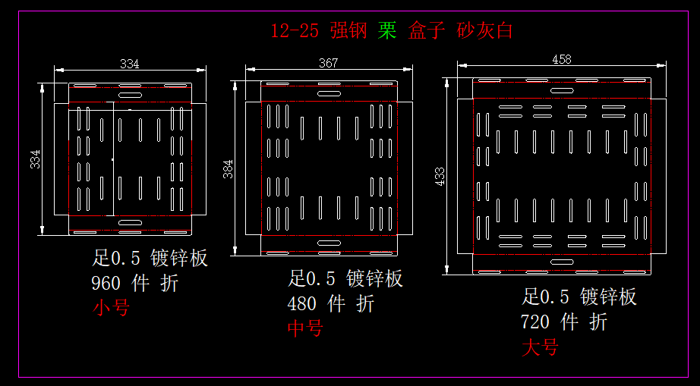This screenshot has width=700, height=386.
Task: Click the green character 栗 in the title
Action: click(387, 31)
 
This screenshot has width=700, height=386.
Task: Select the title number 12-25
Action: click(295, 31)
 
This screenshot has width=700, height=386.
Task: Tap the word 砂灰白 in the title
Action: click(485, 31)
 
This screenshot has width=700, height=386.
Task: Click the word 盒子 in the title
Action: click(426, 31)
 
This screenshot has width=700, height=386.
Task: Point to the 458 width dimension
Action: click(562, 59)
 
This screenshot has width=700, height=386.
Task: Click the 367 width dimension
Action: click(328, 64)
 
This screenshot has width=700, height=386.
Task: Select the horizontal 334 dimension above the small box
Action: click(130, 64)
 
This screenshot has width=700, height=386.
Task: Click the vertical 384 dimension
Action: click(228, 169)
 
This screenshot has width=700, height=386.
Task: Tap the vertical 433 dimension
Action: click(440, 176)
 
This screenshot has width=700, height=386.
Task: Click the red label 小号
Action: click(111, 308)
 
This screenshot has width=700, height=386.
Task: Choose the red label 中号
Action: click(305, 328)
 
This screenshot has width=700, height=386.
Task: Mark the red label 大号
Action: click(540, 347)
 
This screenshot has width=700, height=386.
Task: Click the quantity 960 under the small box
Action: click(106, 284)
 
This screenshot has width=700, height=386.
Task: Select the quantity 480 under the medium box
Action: click(302, 304)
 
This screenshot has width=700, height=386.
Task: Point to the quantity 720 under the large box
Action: click(535, 322)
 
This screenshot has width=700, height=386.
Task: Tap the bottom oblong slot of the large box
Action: click(563, 262)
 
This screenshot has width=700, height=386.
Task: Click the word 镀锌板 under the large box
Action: click(608, 297)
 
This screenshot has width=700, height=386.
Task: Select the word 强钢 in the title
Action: click(348, 31)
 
